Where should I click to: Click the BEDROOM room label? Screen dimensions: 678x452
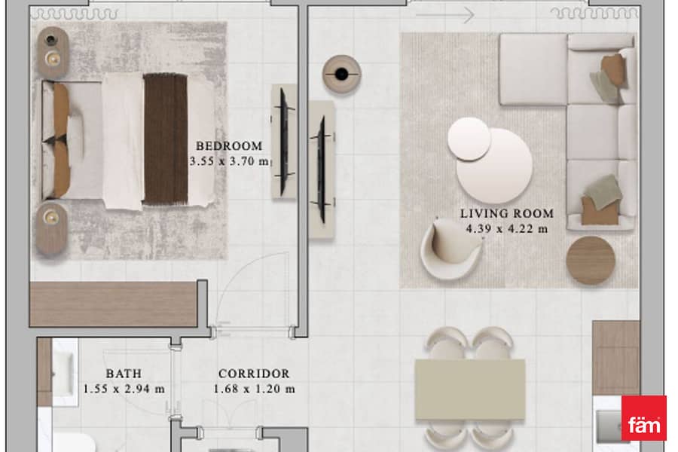click(x=229, y=146)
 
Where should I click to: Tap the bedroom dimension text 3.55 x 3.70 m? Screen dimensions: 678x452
click(x=229, y=161)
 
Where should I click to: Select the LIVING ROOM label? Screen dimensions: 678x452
click(x=507, y=214)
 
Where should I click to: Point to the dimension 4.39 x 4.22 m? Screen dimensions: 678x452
click(x=507, y=229)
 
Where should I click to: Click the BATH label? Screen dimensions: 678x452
click(x=124, y=374)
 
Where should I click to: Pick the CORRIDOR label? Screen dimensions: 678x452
click(x=254, y=374)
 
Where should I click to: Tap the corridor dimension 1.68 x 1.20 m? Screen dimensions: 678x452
click(x=255, y=389)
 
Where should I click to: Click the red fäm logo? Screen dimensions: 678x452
click(x=644, y=418)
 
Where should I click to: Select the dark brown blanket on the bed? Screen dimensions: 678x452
click(x=166, y=139)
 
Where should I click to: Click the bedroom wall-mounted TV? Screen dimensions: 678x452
click(x=284, y=142)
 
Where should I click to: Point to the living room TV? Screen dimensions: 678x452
click(x=321, y=169)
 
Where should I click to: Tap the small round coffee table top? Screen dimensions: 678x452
click(x=469, y=139)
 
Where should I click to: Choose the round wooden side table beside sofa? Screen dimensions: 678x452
click(x=590, y=261)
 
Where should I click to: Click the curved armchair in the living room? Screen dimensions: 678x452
click(x=451, y=249)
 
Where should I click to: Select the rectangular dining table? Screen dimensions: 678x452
click(x=470, y=389)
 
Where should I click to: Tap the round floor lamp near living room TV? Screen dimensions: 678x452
click(x=341, y=74)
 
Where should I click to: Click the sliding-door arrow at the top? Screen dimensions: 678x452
click(x=445, y=15)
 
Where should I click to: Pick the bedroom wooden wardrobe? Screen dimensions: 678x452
click(x=113, y=304)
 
